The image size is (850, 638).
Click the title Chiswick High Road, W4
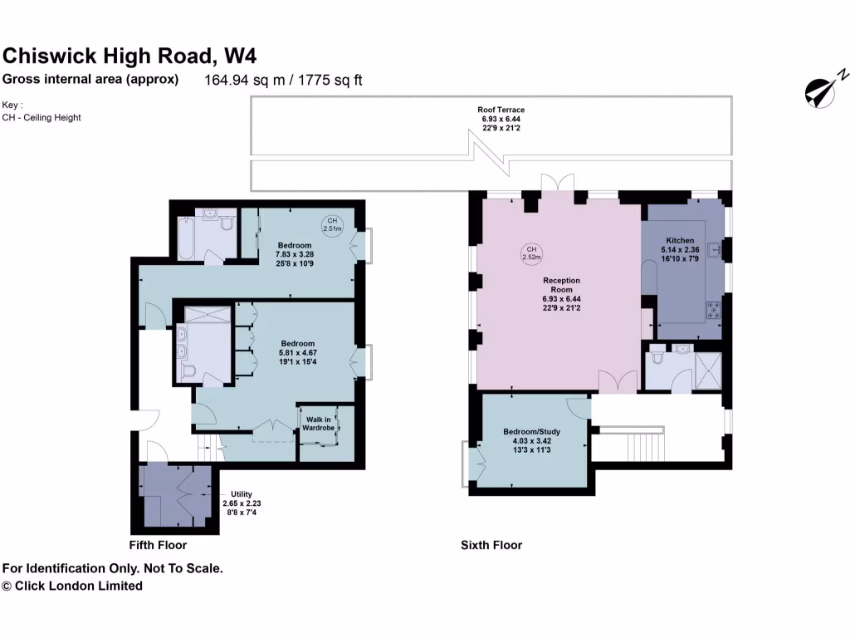129,56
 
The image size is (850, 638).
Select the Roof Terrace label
501,110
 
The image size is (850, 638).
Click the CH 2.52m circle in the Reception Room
531,253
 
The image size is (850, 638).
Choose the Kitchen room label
680,240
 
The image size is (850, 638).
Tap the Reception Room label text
561,285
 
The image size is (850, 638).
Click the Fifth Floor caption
158,545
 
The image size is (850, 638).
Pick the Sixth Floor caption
491,545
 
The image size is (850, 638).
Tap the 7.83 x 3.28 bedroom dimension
295,254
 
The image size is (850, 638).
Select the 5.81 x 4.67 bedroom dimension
297,353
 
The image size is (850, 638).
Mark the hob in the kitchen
713,312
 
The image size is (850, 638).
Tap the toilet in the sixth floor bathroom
657,358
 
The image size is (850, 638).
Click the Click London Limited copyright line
73,586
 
